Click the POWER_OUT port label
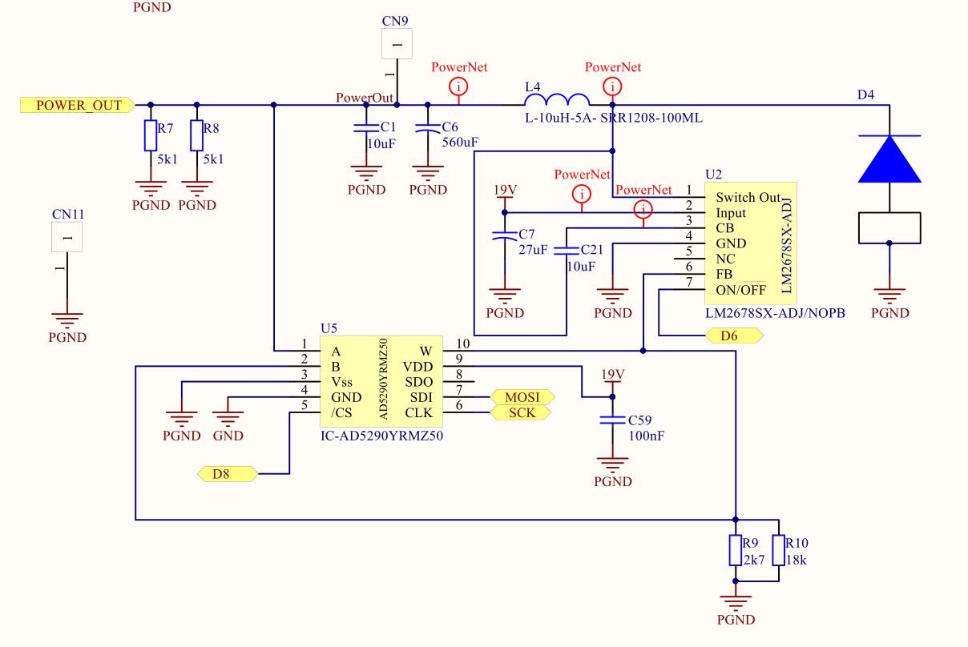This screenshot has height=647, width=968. pyautogui.click(x=78, y=105)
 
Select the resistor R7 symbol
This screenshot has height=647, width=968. pyautogui.click(x=150, y=135)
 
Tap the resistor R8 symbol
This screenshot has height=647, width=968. pyautogui.click(x=196, y=135)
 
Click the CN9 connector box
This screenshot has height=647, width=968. pyautogui.click(x=397, y=43)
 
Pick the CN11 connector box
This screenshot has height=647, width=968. pyautogui.click(x=67, y=236)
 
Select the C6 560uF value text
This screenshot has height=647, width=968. pyautogui.click(x=460, y=143)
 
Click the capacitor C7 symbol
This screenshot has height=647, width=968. pyautogui.click(x=504, y=236)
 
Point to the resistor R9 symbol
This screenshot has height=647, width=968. pyautogui.click(x=736, y=550)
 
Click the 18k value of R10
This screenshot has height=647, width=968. pyautogui.click(x=797, y=561)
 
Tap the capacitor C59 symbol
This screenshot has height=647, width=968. pyautogui.click(x=613, y=420)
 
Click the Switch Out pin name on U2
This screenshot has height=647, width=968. pyautogui.click(x=748, y=197)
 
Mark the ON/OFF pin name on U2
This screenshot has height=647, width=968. pyautogui.click(x=741, y=289)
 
